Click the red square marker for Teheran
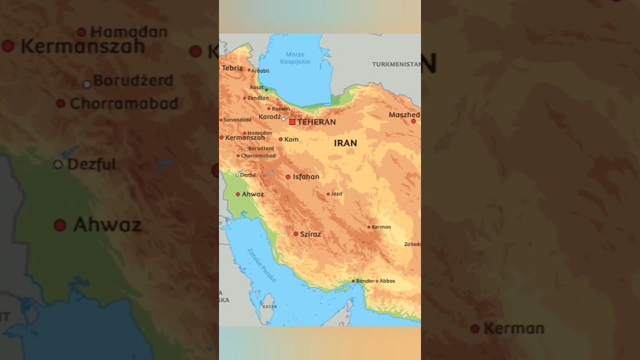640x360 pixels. pos(292,122)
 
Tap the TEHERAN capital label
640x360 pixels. pos(316,122)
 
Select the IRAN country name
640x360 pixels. pos(345,143)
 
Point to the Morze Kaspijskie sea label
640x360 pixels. pos(295,58)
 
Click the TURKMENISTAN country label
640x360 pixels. pos(396,64)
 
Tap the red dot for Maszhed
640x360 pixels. pos(413,121)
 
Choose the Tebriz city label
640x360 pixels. pos(232,68)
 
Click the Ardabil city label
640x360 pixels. pos(260,71)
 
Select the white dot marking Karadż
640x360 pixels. pos(283,119)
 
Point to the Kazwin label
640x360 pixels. pos(281,109)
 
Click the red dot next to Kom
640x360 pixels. pos(280,139)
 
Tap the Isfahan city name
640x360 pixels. pos(306,177)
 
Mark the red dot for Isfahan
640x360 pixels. pos(288,177)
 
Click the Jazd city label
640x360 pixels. pos(336,194)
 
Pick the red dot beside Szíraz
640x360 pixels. pos(295,234)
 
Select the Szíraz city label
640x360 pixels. pos(310,234)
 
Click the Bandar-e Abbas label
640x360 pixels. pos(375,281)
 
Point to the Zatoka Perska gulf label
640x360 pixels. pos(261,265)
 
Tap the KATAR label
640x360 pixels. pos(269,306)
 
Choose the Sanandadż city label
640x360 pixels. pos(237,120)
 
